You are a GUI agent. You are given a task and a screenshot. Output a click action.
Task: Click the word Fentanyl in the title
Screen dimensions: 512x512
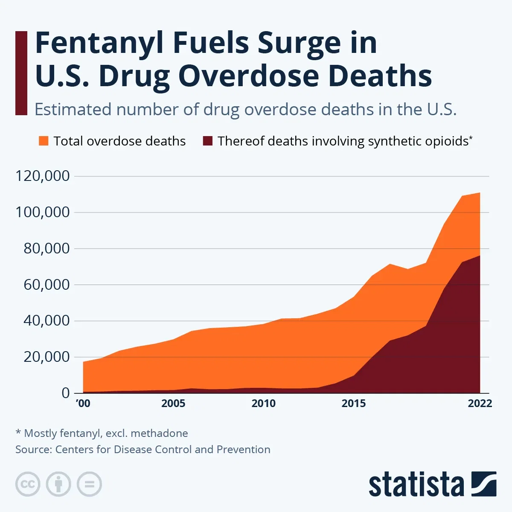(x=100, y=44)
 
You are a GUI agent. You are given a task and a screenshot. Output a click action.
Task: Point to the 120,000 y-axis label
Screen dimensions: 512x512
(x=42, y=176)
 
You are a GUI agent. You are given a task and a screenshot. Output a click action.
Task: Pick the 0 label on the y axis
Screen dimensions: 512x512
(x=65, y=393)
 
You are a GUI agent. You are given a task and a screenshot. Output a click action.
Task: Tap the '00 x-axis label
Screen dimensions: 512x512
(x=83, y=404)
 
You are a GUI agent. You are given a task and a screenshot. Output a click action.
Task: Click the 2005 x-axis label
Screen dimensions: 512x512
(x=173, y=404)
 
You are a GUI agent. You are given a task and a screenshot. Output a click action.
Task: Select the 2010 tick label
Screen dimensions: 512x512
(x=263, y=404)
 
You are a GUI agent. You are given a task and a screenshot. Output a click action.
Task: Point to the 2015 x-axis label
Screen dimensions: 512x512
(x=354, y=404)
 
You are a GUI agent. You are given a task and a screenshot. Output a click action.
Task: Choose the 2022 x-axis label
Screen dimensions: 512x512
(x=480, y=404)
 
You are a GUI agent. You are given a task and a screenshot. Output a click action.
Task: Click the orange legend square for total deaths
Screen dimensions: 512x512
(x=44, y=141)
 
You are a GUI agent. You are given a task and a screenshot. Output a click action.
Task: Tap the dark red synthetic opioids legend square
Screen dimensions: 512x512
(x=207, y=141)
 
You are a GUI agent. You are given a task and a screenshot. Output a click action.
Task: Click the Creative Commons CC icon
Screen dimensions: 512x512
(x=28, y=484)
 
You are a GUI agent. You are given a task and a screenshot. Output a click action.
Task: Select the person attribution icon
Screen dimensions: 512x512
(x=58, y=484)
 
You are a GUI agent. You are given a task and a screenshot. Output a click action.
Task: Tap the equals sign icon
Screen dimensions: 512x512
(x=89, y=484)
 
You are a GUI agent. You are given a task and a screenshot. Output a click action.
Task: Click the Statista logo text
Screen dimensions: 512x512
(x=416, y=485)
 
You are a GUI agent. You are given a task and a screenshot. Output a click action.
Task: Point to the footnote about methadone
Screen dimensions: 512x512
(x=102, y=433)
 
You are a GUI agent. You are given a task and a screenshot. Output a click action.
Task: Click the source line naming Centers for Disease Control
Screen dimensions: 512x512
(x=143, y=450)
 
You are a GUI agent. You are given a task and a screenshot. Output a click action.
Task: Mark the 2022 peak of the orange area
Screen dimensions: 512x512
(x=480, y=193)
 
